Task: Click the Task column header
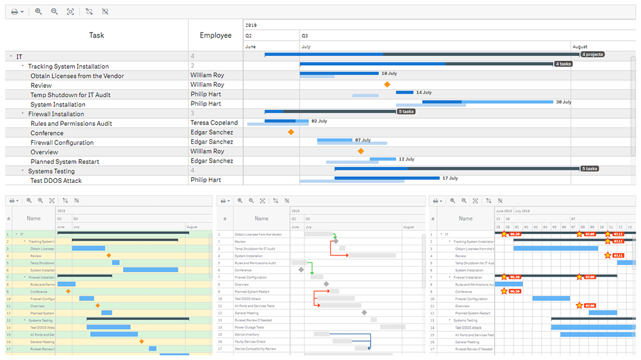[x=97, y=35]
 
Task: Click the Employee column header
[x=216, y=35]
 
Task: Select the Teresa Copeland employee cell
[x=214, y=123]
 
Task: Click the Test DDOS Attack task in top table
[x=56, y=181]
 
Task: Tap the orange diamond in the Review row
[x=387, y=84]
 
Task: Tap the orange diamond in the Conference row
[x=291, y=132]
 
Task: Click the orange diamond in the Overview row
[x=361, y=151]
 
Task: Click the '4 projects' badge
[x=592, y=54]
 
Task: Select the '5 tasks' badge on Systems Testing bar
[x=589, y=169]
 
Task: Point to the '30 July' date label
[x=563, y=102]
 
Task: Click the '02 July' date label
[x=319, y=121]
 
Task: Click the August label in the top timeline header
[x=580, y=47]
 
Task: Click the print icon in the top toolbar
[x=15, y=12]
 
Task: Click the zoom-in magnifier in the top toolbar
[x=38, y=12]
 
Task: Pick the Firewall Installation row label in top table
[x=56, y=114]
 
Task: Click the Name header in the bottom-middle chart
[x=261, y=218]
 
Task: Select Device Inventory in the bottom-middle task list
[x=247, y=334]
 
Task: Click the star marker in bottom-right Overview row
[x=579, y=305]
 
